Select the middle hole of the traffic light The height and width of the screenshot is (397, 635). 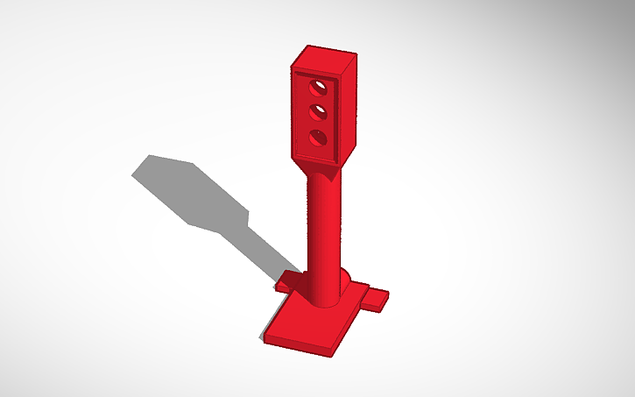point(320,112)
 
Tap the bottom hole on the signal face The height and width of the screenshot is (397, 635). point(319,137)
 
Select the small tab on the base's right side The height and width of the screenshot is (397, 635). point(375,301)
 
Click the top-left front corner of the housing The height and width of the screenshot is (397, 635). point(293,67)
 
